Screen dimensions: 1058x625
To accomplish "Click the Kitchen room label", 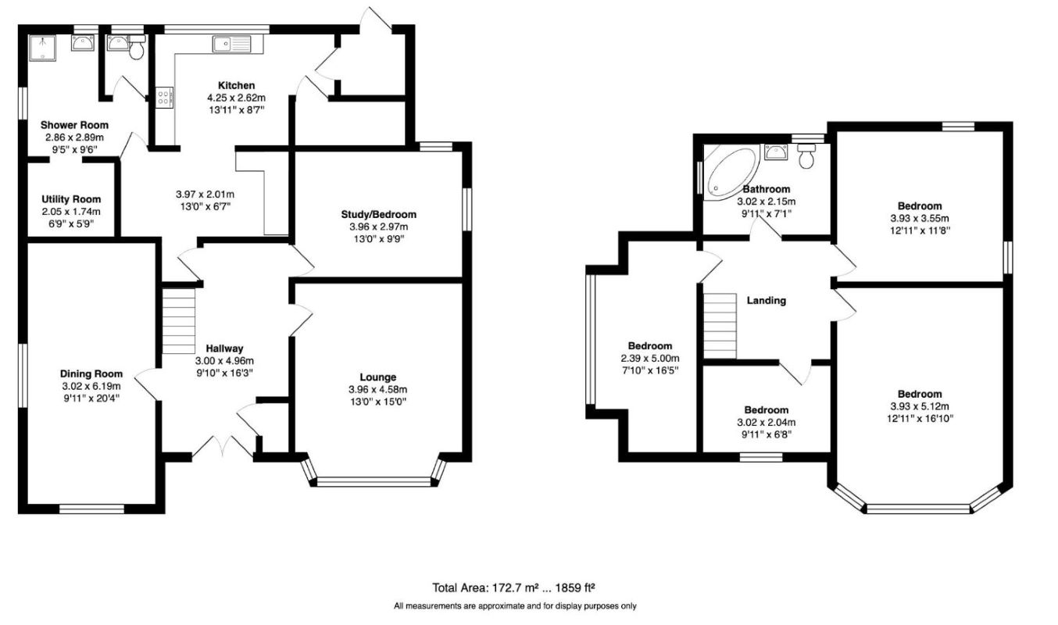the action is pyautogui.click(x=236, y=85).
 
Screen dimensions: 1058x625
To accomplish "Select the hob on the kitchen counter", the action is pyautogui.click(x=164, y=98).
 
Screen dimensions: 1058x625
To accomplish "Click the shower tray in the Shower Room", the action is pyautogui.click(x=42, y=48).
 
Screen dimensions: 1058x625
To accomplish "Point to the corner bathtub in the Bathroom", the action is pyautogui.click(x=731, y=173).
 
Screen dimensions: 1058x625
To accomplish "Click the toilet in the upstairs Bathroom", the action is pyautogui.click(x=806, y=155).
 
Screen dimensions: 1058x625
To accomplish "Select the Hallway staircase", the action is pyautogui.click(x=178, y=321).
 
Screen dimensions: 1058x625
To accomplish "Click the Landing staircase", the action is pyautogui.click(x=720, y=326).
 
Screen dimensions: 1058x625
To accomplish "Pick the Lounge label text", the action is pyautogui.click(x=378, y=377).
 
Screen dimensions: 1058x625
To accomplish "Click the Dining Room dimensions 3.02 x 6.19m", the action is pyautogui.click(x=91, y=386).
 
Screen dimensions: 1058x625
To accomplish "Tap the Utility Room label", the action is pyautogui.click(x=71, y=199).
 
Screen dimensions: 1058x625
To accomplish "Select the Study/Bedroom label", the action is pyautogui.click(x=379, y=215).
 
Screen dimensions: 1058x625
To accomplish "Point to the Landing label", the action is pyautogui.click(x=766, y=301).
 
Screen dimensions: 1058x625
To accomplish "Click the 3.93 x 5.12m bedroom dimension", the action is pyautogui.click(x=920, y=406).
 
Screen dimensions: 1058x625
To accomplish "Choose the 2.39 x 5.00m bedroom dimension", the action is pyautogui.click(x=650, y=358).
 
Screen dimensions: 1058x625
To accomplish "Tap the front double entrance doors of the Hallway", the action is pyautogui.click(x=223, y=445).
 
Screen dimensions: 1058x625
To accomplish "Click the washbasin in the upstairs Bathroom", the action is pyautogui.click(x=776, y=152).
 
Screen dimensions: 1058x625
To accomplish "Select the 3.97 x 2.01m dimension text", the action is pyautogui.click(x=205, y=195).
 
